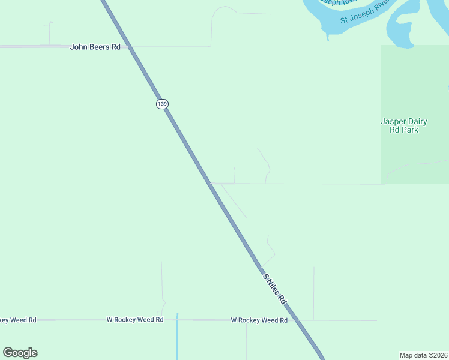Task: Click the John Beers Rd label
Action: [95, 46]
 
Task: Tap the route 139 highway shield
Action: [161, 104]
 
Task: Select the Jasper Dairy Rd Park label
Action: [403, 125]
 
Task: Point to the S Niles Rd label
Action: [276, 288]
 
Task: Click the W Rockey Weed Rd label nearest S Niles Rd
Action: [259, 320]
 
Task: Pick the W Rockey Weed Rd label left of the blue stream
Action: [134, 320]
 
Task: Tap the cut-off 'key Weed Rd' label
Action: [18, 320]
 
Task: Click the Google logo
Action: [20, 353]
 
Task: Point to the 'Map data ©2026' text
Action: [423, 355]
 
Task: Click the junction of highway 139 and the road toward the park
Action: [209, 184]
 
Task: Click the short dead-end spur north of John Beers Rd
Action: [50, 33]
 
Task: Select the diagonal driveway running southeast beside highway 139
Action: [235, 202]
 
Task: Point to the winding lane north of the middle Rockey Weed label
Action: [162, 288]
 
